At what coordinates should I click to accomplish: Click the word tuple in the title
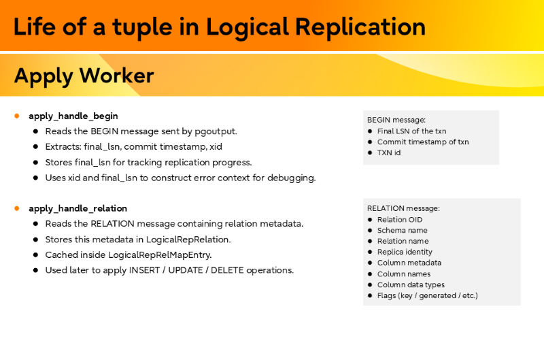[130, 27]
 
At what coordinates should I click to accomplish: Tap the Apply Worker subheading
[84, 76]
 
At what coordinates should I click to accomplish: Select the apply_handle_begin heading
[73, 116]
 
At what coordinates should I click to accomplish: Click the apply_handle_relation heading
[78, 208]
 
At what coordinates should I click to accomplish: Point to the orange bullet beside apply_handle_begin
[17, 116]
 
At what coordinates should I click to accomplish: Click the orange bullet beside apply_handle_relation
[17, 208]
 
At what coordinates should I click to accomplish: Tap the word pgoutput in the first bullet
[215, 131]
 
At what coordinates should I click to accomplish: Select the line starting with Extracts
[133, 146]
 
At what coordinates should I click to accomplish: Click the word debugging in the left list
[292, 178]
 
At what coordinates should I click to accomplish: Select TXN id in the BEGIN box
[389, 152]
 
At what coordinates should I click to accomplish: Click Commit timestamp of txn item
[423, 142]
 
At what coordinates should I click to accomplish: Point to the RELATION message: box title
[403, 208]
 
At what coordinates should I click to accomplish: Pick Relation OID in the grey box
[400, 219]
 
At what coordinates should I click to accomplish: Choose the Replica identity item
[405, 252]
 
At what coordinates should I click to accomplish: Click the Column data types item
[411, 284]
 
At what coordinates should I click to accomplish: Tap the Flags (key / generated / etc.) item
[428, 295]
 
